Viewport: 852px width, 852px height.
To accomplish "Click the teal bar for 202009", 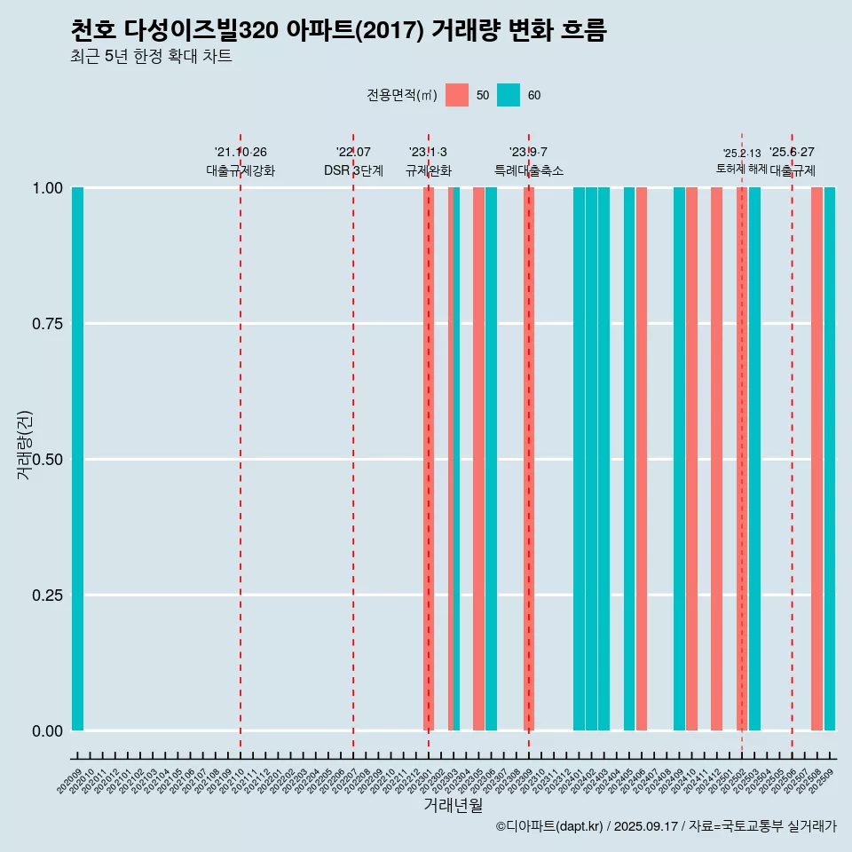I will coord(77,459).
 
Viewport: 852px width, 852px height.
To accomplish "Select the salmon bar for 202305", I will coord(478,459).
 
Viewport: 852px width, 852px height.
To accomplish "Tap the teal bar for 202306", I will coord(491,459).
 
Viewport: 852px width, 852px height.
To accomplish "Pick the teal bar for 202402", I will coord(591,459).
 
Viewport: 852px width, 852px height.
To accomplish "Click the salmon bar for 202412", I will coord(716,459).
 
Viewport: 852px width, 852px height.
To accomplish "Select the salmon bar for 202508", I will coord(816,459).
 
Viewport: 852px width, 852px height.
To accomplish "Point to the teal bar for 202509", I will coord(830,459).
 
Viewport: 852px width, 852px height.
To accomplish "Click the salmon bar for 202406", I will coord(642,459).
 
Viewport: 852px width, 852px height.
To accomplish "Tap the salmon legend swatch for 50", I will coord(457,95).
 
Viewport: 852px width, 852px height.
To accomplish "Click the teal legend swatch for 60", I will coord(509,95).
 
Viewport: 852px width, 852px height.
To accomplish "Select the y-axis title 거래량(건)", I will coord(24,444).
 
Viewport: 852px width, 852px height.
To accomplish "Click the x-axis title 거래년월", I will coord(453,805).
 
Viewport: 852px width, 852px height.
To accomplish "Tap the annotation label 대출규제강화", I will coord(241,170).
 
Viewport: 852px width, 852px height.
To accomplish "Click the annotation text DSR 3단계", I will coord(353,170).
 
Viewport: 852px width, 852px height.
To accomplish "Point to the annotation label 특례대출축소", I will coord(529,170).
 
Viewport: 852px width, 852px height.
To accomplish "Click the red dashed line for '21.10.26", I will coord(241,444).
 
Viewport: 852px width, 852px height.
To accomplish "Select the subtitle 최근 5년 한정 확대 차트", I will coord(151,57).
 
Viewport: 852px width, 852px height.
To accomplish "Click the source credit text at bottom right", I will coord(666,827).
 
